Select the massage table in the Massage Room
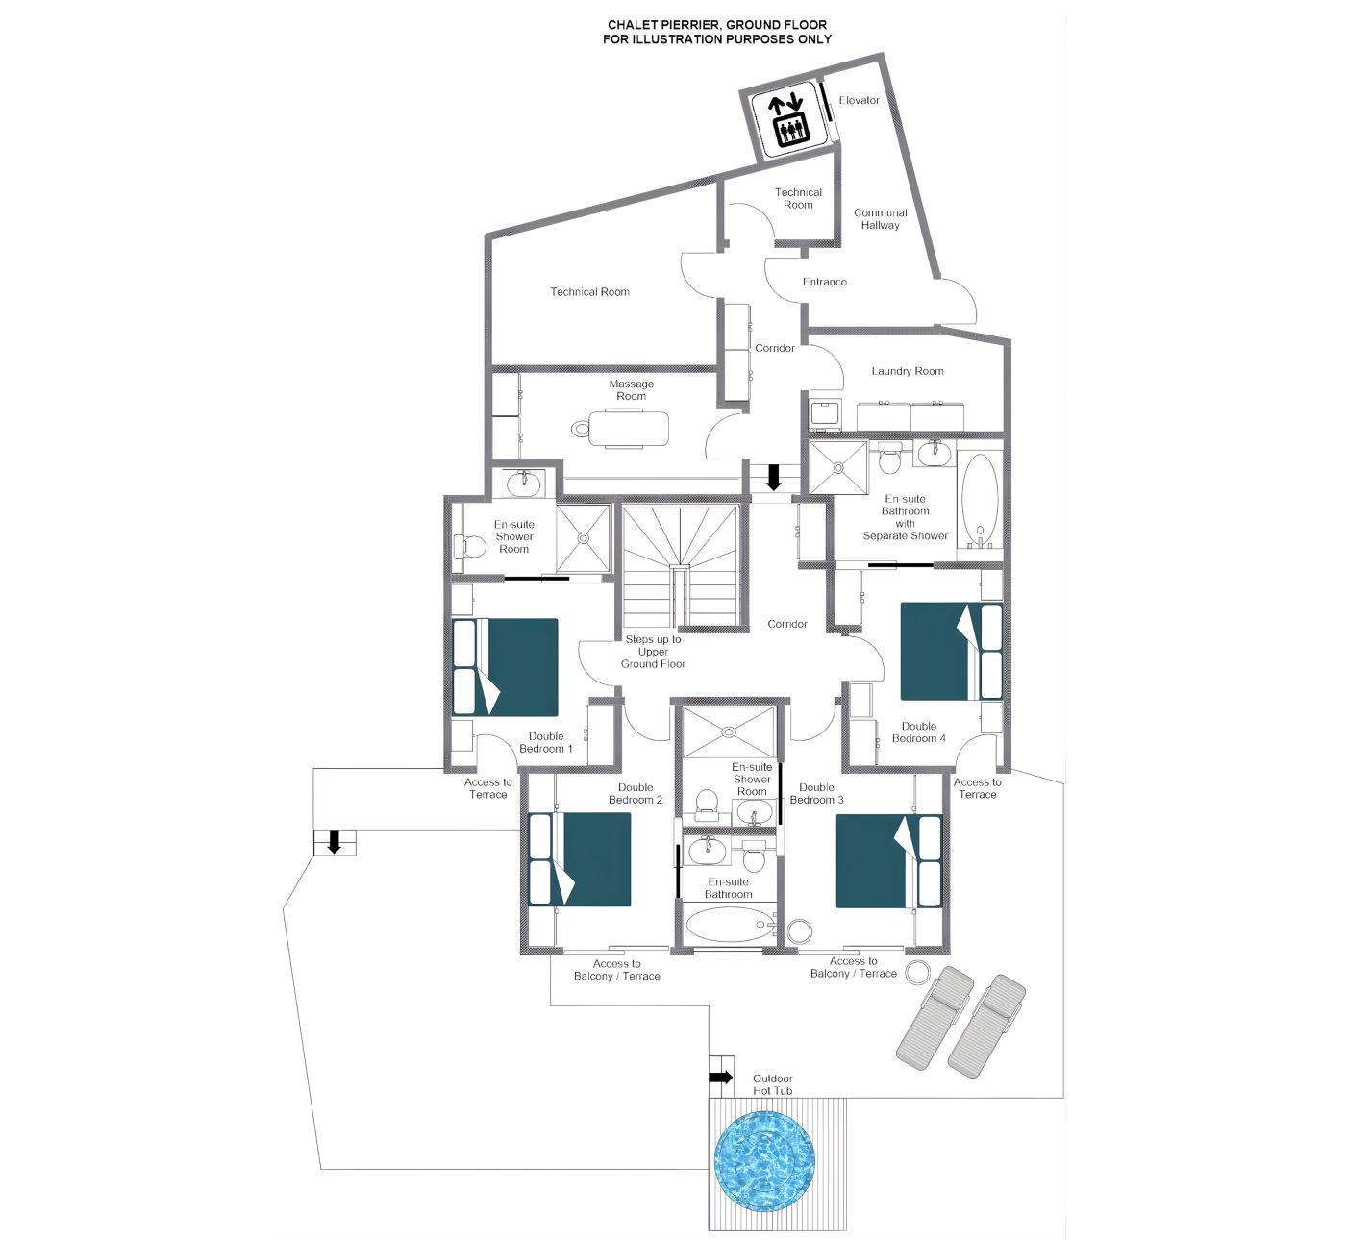coord(620,428)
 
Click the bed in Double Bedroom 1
coord(506,667)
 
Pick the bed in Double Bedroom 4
coord(951,651)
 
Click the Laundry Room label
coord(908,371)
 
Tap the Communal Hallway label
coord(881,219)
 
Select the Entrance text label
coord(825,282)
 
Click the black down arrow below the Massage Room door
coord(774,477)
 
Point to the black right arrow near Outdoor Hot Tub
coord(721,1077)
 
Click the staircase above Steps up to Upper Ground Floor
coord(681,566)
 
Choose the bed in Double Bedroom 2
coord(580,859)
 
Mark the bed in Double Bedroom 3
coord(889,861)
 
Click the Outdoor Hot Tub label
coord(772,1085)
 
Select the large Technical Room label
coord(589,292)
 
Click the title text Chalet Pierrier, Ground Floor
coord(717,25)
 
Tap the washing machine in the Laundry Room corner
coord(825,414)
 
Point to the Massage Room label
coord(632,390)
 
